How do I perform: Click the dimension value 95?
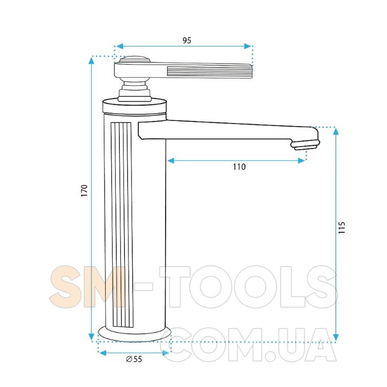[187, 40]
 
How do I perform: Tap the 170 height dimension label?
[85, 190]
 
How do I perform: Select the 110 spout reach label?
[239, 167]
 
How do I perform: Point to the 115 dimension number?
[341, 228]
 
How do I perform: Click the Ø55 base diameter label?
[134, 359]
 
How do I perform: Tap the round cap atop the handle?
[134, 59]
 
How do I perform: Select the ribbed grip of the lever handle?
[210, 72]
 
